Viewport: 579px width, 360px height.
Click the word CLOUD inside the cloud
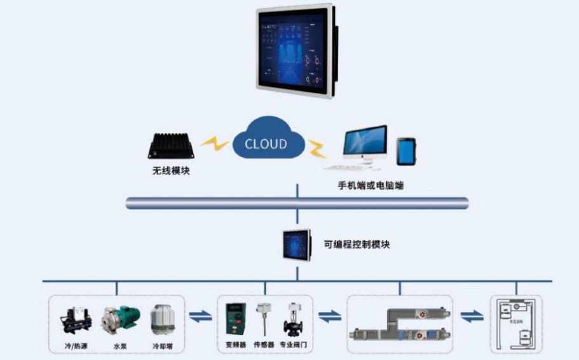pos(266,144)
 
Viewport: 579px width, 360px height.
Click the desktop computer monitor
pos(364,143)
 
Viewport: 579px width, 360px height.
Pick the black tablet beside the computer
pos(406,152)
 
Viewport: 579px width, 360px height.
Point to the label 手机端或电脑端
pos(371,186)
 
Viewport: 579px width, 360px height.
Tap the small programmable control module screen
pos(297,245)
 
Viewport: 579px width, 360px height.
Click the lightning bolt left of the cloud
pos(215,144)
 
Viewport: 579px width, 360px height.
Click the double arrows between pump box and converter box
pos(201,316)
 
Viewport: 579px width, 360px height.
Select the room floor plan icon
pos(515,324)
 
